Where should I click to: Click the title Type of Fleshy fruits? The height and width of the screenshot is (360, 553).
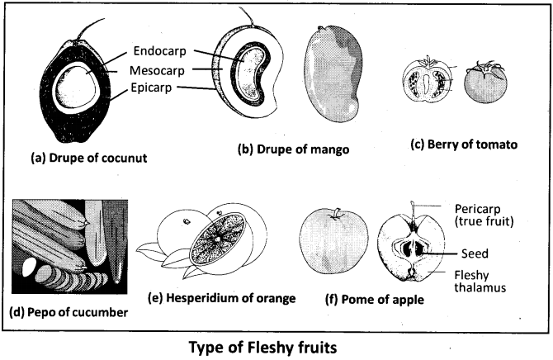(276, 345)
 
